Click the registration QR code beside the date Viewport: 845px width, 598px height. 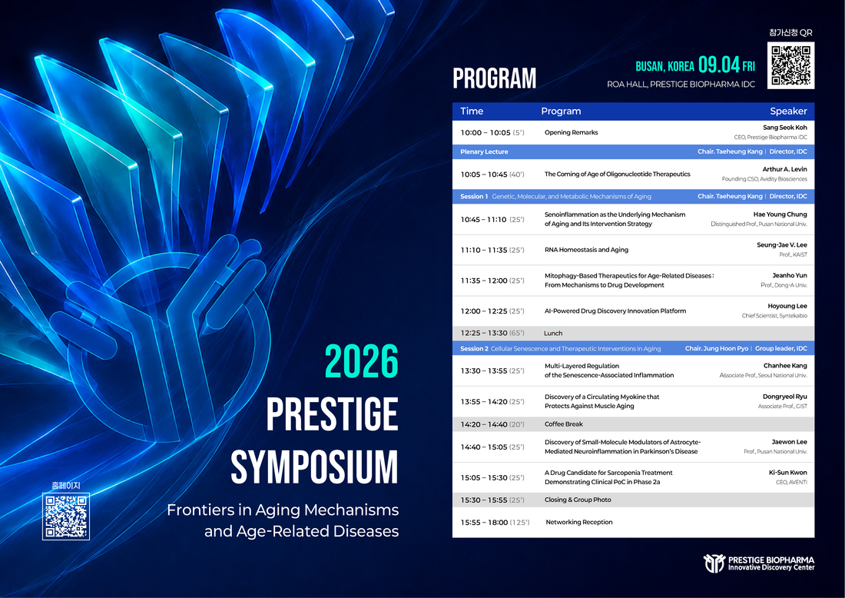(x=790, y=65)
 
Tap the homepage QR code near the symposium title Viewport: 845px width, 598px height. (x=66, y=516)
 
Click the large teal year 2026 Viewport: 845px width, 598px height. (x=362, y=362)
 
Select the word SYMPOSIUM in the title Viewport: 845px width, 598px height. (x=315, y=467)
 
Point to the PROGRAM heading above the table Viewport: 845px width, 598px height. (x=494, y=78)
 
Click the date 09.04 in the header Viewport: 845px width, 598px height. (x=719, y=65)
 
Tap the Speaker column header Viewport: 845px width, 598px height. (x=788, y=111)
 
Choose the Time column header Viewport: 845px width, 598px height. (x=472, y=111)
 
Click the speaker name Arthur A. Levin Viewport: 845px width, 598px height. (x=784, y=169)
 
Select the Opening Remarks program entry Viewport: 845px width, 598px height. (x=572, y=133)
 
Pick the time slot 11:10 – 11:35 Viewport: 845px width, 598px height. (x=484, y=251)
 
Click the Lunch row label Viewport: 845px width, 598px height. (x=553, y=334)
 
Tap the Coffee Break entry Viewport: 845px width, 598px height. (x=564, y=424)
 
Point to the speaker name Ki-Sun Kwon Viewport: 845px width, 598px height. (x=788, y=473)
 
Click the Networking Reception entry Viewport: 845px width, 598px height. (x=579, y=522)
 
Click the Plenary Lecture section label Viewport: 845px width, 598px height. (x=484, y=152)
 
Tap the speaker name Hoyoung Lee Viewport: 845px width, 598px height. (x=787, y=306)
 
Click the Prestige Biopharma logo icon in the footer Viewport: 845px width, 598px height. (x=714, y=563)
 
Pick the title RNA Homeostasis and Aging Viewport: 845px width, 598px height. (x=586, y=251)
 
